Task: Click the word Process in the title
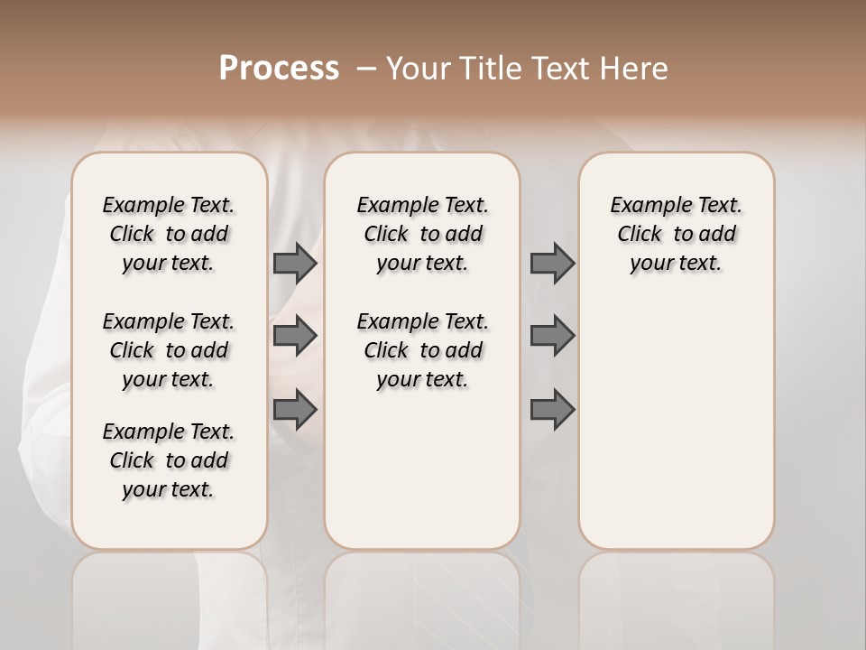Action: click(279, 69)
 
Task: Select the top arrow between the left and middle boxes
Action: click(295, 263)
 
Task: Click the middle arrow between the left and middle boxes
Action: click(295, 336)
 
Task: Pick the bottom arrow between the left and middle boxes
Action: click(295, 411)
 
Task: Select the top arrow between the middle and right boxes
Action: click(552, 263)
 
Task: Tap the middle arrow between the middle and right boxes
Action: click(552, 336)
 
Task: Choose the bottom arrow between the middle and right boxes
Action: click(552, 411)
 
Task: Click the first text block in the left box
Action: click(169, 234)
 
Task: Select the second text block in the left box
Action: click(169, 350)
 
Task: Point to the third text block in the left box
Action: click(169, 460)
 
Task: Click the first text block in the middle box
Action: click(422, 234)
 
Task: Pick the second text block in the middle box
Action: click(422, 350)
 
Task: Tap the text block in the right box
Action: click(676, 234)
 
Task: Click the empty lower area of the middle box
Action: click(422, 469)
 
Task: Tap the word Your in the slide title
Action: click(416, 69)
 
